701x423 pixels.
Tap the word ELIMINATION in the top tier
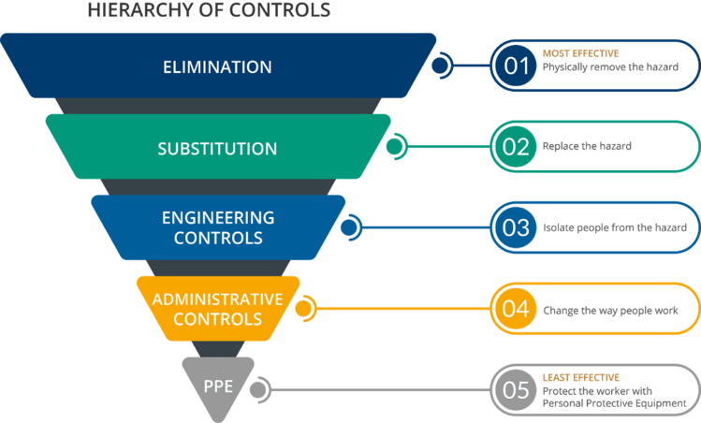point(217,67)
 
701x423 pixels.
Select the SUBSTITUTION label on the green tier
point(217,149)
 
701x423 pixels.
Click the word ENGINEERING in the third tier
point(217,218)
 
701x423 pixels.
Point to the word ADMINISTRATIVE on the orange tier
point(217,299)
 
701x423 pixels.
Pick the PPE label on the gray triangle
point(217,384)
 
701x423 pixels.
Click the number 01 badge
point(517,66)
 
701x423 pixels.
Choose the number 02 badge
point(517,147)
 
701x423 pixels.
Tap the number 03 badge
point(517,227)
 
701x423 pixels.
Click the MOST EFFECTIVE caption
point(580,54)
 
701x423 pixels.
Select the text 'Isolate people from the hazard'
point(615,227)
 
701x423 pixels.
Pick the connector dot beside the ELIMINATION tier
point(438,66)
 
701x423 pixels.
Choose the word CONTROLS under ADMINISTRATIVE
point(217,319)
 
